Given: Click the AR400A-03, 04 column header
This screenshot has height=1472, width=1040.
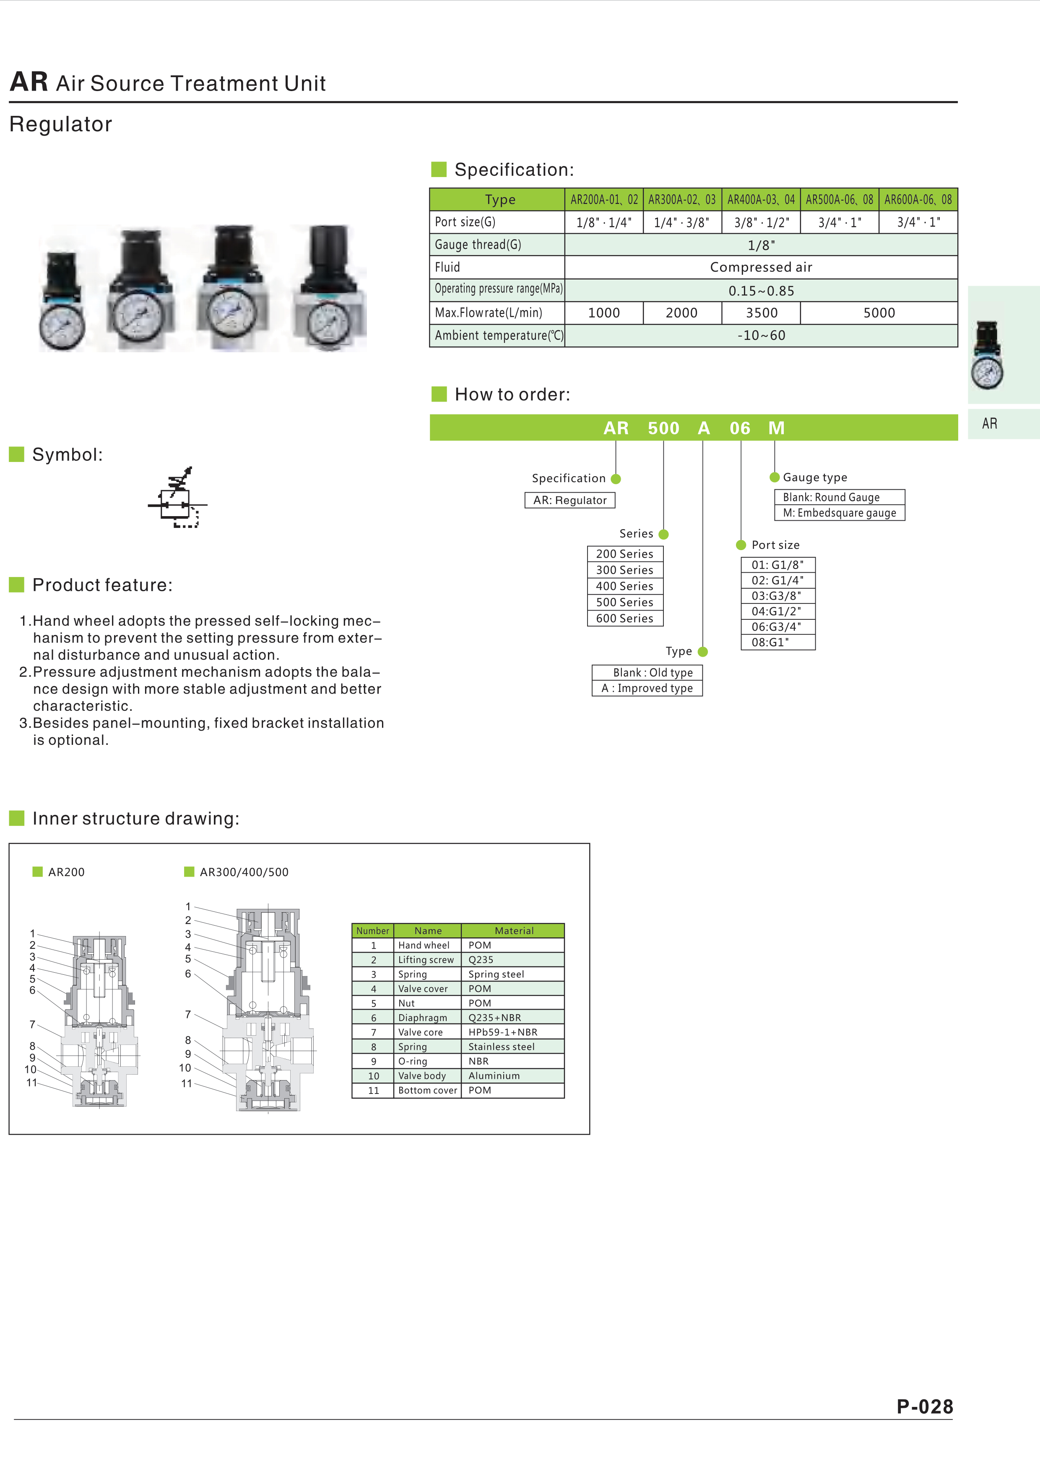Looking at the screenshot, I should pos(761,199).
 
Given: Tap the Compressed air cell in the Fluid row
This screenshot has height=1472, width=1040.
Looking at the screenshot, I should pos(761,267).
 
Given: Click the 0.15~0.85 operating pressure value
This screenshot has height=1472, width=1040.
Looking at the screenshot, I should pos(761,290).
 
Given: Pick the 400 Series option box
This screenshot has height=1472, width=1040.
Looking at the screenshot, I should pos(625,586).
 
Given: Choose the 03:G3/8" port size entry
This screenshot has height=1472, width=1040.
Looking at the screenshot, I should pos(777,595).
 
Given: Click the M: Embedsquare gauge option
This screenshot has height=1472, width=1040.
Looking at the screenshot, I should pos(840,513).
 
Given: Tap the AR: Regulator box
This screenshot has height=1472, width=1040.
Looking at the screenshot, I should pos(569,500).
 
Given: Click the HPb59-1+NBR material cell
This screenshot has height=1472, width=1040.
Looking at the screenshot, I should pos(503,1032).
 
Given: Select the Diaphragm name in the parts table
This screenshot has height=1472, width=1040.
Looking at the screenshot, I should pos(423,1018).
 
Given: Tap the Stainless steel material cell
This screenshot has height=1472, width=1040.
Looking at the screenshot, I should pos(501,1047).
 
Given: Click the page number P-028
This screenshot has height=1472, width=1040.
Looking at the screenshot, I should pos(925,1406).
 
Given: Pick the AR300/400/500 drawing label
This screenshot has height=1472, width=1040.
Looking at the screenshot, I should pos(244,872).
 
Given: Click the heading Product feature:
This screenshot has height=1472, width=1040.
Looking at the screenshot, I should pos(102,585).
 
